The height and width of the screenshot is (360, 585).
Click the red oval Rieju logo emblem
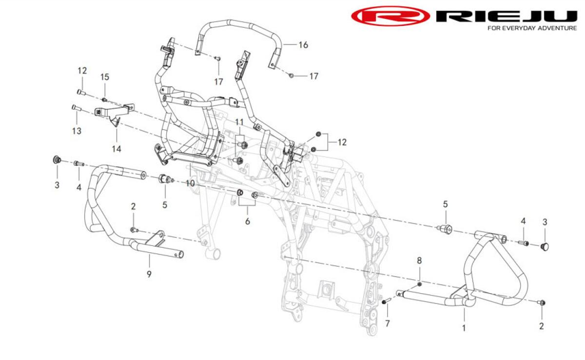[x=390, y=16]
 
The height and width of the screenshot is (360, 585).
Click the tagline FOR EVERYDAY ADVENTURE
[x=532, y=28]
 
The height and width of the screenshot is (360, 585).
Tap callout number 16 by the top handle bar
[x=303, y=45]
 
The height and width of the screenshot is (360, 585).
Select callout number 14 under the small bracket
[x=117, y=149]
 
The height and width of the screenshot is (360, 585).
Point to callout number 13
[x=77, y=131]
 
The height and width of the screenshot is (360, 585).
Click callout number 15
[x=105, y=77]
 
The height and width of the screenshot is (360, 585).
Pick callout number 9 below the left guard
[x=149, y=274]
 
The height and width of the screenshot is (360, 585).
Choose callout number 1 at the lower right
[x=464, y=328]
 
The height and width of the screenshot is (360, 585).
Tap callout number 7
[x=387, y=324]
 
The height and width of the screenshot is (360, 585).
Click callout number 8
[x=419, y=260]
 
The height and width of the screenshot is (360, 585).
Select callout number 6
[x=247, y=221]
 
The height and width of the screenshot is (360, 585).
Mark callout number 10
[x=190, y=183]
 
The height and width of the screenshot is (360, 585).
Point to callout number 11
[x=239, y=122]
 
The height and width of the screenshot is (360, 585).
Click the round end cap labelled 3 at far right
[x=544, y=246]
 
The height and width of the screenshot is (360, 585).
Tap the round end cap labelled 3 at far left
[x=57, y=160]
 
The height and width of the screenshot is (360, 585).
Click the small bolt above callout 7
[x=386, y=301]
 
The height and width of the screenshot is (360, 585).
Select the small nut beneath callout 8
[x=419, y=284]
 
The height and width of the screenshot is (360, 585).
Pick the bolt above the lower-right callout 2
[x=542, y=302]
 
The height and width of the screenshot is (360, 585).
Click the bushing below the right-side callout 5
[x=445, y=229]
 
